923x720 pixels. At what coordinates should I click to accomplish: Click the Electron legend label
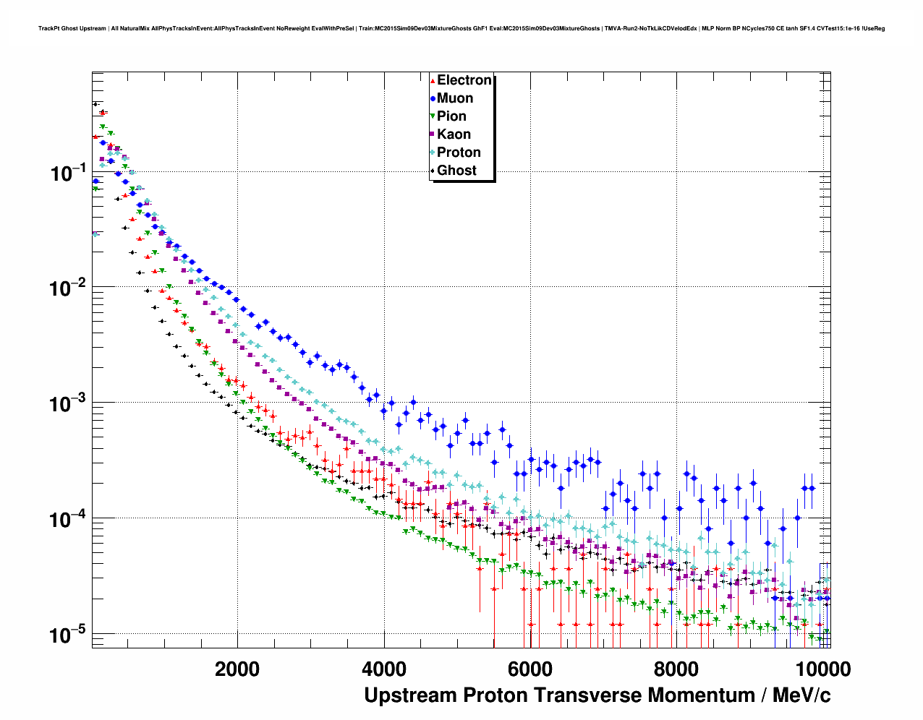click(x=464, y=80)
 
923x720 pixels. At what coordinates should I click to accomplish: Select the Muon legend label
click(x=455, y=98)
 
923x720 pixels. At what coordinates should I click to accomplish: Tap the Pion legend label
click(x=451, y=116)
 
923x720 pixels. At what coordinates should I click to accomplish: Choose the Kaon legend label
click(x=454, y=134)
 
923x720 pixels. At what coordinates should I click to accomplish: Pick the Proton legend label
click(x=459, y=153)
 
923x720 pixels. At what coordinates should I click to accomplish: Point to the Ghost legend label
click(x=456, y=171)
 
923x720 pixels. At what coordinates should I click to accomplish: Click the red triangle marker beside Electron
click(x=433, y=81)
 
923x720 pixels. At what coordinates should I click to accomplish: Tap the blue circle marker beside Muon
click(x=433, y=98)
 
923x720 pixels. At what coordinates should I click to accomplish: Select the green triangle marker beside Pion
click(x=433, y=116)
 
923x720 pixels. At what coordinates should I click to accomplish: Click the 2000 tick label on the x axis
click(x=237, y=669)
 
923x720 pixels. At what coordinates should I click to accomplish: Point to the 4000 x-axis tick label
click(x=384, y=669)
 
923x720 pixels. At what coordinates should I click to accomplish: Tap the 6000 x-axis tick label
click(x=530, y=669)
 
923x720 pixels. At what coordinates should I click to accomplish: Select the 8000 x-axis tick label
click(x=676, y=669)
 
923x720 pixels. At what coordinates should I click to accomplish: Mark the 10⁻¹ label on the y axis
click(x=68, y=173)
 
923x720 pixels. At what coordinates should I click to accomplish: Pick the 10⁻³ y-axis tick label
click(x=68, y=403)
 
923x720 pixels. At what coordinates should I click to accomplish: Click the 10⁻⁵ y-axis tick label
click(x=68, y=635)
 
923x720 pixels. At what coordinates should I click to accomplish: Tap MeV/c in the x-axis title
click(x=801, y=695)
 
